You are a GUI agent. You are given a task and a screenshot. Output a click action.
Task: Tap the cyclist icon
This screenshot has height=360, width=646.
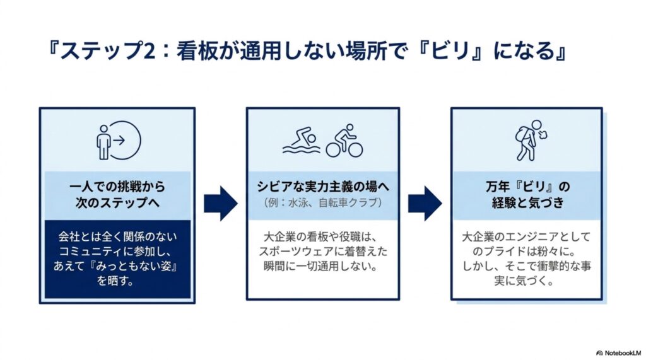tap(344, 141)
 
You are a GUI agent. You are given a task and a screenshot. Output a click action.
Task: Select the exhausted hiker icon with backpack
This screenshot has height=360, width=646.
tap(530, 141)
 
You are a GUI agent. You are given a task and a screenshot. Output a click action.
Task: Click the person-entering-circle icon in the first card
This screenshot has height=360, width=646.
tap(119, 141)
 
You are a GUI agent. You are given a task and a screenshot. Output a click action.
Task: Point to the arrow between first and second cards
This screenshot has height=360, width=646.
tap(221, 204)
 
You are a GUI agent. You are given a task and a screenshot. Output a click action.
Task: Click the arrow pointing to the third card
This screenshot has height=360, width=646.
tap(425, 204)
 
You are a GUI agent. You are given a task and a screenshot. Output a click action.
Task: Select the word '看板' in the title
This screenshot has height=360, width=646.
tap(192, 51)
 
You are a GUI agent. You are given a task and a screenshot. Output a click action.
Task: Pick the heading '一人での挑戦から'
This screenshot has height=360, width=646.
tap(117, 187)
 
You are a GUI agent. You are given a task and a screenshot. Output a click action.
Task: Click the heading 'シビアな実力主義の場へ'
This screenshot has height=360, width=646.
tap(323, 187)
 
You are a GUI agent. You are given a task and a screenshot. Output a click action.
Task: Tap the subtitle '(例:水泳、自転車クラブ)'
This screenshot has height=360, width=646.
tap(323, 202)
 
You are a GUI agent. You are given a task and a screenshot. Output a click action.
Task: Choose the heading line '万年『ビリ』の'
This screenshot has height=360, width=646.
tap(528, 187)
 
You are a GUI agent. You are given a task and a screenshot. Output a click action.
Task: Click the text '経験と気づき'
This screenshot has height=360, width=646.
tap(528, 202)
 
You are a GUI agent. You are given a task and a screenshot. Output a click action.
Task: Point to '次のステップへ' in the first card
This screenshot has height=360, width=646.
tap(117, 202)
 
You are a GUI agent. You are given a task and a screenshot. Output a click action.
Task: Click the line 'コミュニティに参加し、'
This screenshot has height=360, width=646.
tap(117, 252)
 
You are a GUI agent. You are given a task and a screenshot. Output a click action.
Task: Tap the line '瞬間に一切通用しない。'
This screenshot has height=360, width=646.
tap(321, 266)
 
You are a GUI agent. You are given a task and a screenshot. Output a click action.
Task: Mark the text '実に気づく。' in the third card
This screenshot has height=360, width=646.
tap(524, 281)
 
